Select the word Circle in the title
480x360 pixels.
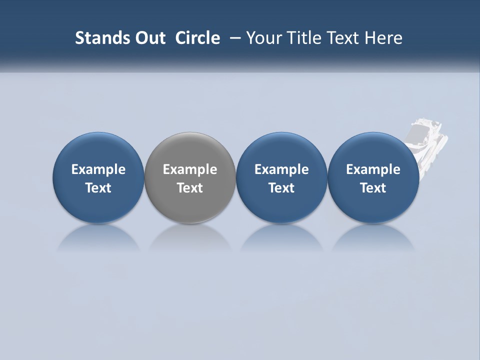point(197,38)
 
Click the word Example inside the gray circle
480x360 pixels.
point(190,169)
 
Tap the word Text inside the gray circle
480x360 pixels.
point(190,188)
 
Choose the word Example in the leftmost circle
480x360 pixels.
point(98,169)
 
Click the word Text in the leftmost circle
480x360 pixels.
point(98,188)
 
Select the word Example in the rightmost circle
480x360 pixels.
point(373,169)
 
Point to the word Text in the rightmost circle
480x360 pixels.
point(373,188)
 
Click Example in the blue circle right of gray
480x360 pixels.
point(281,169)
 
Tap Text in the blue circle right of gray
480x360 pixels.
point(281,188)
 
